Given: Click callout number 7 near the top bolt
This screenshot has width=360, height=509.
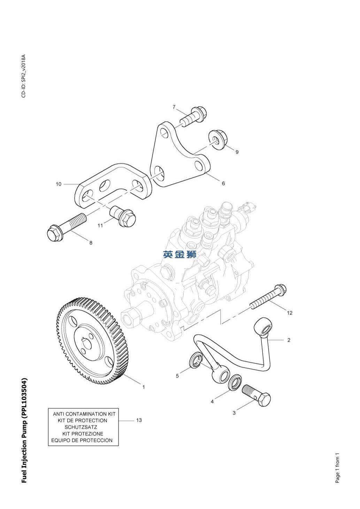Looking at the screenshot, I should [174, 107].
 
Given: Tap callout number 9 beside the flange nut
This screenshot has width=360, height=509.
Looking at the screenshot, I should [237, 152].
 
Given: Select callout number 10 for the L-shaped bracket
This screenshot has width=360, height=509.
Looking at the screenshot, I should [58, 184].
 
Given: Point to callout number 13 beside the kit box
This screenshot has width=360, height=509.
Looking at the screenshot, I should [139, 420].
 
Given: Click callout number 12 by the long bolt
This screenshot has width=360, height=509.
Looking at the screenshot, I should [290, 313].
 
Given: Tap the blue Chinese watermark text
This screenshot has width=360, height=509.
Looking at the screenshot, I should [180, 254].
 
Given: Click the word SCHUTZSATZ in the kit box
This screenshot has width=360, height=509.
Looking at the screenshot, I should [81, 427].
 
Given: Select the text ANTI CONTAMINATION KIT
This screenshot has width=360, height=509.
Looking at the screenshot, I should [84, 414].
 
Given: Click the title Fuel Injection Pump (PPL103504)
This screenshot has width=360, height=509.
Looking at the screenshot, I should [24, 430].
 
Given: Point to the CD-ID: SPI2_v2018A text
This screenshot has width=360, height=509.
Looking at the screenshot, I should [24, 76].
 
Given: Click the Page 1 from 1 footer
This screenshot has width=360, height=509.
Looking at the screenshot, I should [337, 468].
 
